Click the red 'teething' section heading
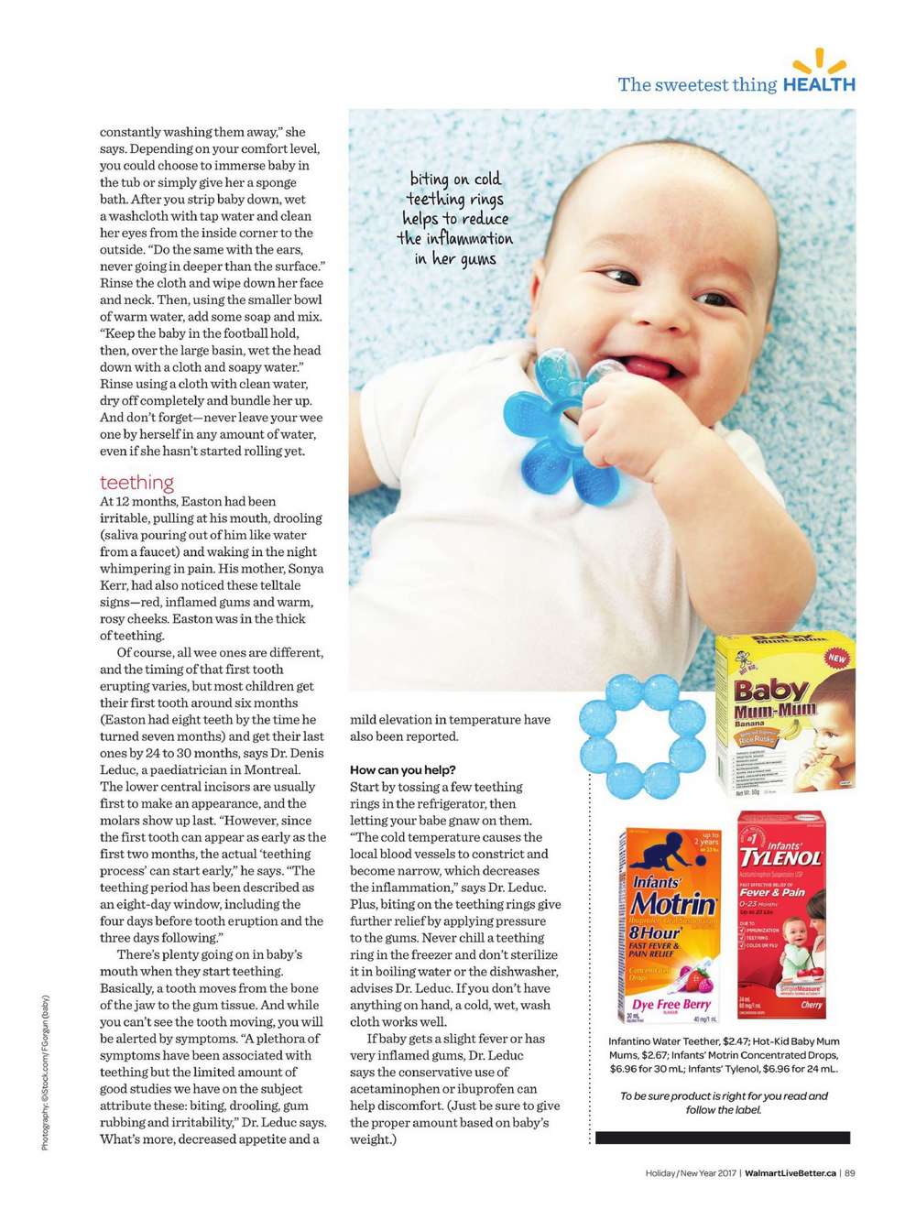[x=136, y=483]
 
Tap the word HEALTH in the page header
[x=819, y=84]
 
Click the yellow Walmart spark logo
[x=819, y=61]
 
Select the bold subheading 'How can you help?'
[x=402, y=769]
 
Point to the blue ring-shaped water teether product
[x=644, y=738]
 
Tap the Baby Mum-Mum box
[x=785, y=714]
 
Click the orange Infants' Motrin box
[x=671, y=925]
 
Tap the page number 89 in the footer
[x=850, y=1172]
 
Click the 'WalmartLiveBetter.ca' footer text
[x=791, y=1172]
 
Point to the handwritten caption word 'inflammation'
[x=455, y=239]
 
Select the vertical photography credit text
[x=45, y=1072]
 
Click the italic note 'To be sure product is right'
[x=724, y=1095]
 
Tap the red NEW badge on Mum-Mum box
[x=836, y=658]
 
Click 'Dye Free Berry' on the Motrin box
[x=671, y=1005]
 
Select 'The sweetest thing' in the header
[x=696, y=85]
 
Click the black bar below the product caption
[x=722, y=1138]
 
